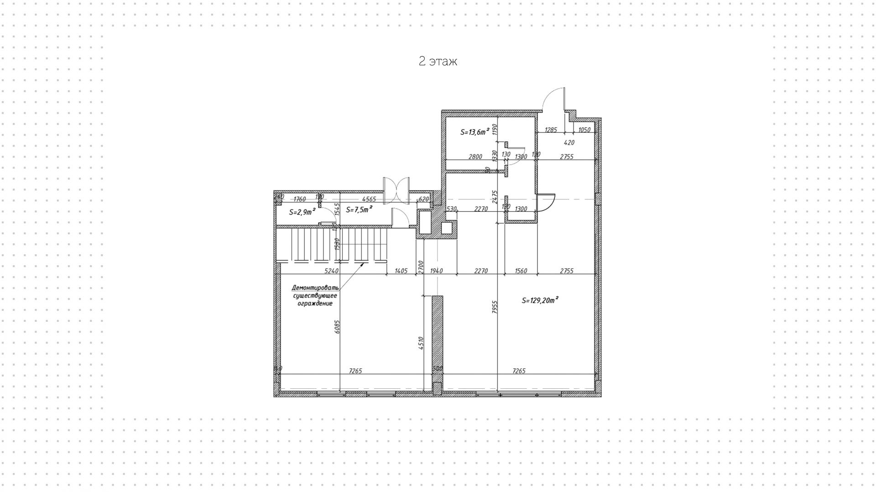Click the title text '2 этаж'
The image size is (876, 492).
(438, 62)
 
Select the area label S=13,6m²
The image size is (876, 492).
(474, 132)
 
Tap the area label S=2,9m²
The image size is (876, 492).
(302, 212)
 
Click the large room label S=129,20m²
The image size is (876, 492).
(540, 300)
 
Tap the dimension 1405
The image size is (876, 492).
(401, 271)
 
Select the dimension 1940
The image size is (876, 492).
(436, 271)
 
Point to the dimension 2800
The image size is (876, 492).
(475, 157)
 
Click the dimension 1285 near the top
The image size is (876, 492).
(551, 130)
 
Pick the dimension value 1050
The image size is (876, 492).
(584, 130)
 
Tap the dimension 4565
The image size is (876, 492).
(369, 199)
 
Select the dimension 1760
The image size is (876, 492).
(299, 199)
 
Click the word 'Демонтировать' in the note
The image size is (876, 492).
(315, 288)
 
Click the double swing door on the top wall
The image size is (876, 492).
(396, 190)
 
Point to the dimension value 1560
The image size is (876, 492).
(521, 271)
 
